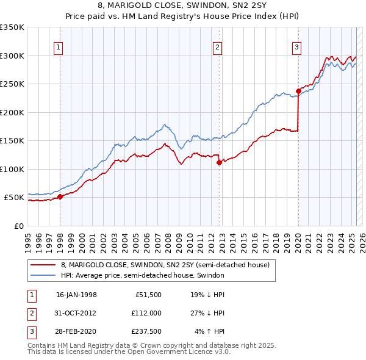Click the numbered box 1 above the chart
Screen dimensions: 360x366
click(x=58, y=47)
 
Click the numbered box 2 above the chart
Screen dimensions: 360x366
click(x=217, y=47)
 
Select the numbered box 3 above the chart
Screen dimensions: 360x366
click(x=296, y=47)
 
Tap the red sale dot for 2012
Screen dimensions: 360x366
click(x=220, y=162)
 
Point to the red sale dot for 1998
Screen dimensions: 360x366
click(x=60, y=196)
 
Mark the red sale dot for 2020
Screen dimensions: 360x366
click(x=298, y=92)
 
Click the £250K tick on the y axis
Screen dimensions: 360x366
click(x=12, y=84)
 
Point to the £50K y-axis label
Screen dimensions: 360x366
click(x=14, y=198)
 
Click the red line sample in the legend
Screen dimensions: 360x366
click(x=43, y=265)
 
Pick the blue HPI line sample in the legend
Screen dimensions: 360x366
click(x=43, y=275)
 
